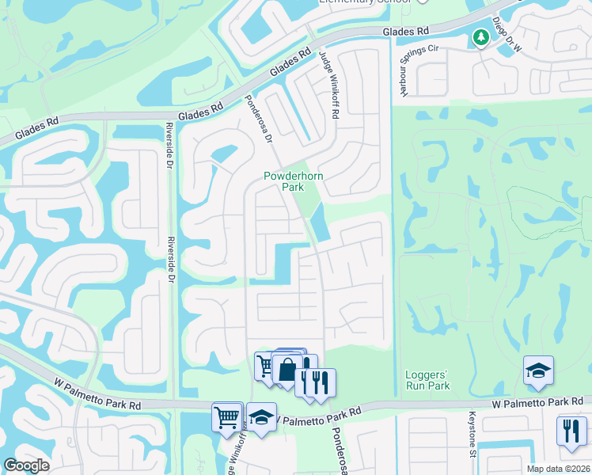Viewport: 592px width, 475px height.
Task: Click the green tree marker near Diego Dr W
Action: [x=480, y=37]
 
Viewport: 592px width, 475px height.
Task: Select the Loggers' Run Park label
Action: [x=427, y=380]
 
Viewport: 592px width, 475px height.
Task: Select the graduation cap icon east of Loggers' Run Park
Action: [x=538, y=371]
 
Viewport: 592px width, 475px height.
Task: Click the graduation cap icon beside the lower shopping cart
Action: [x=261, y=417]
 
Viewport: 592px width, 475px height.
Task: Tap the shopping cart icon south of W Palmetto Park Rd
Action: [x=227, y=416]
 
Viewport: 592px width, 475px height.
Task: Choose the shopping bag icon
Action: [x=288, y=368]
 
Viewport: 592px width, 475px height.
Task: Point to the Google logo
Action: [x=26, y=465]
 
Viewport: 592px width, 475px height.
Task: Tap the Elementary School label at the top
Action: [x=365, y=2]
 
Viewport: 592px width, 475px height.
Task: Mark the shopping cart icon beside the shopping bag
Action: [x=266, y=365]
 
